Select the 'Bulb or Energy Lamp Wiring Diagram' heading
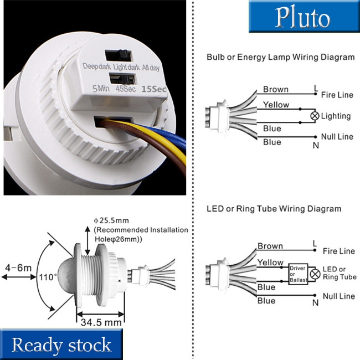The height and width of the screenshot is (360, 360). (x=280, y=57)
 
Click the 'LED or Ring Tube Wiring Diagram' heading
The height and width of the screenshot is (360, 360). (x=274, y=209)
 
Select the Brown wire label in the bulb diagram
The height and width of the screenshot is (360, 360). (x=276, y=89)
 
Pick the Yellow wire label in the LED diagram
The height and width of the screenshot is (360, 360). (x=270, y=262)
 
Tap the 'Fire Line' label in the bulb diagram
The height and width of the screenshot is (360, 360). (x=337, y=95)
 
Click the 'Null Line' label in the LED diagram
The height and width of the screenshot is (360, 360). (x=338, y=296)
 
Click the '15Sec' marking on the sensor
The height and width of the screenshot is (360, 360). (x=154, y=88)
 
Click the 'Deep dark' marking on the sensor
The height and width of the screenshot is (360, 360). (x=97, y=66)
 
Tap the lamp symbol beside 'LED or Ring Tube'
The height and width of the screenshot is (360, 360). (x=315, y=274)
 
